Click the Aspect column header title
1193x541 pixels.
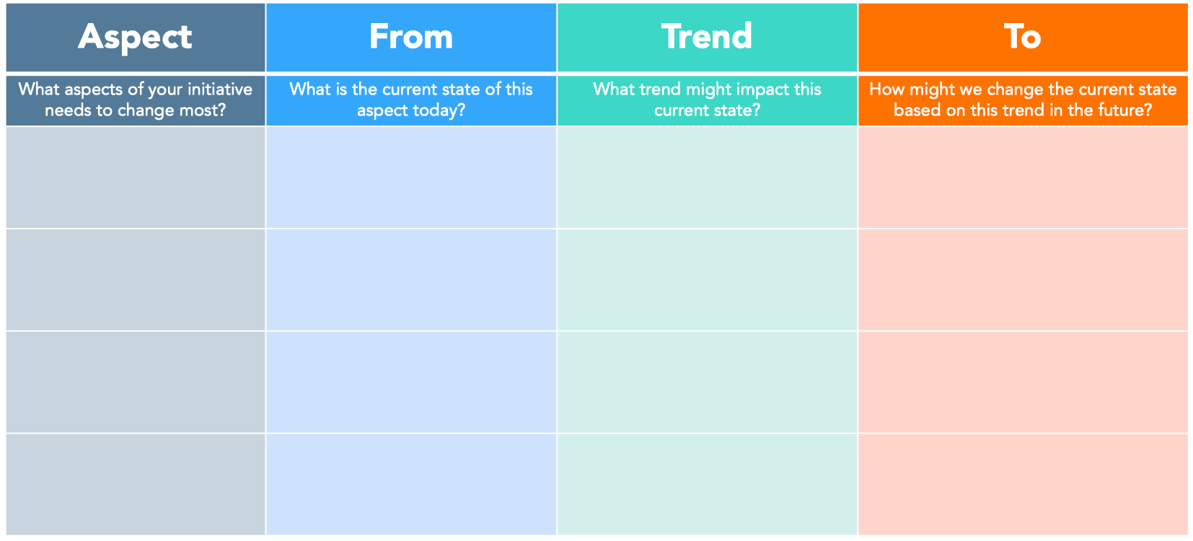135,37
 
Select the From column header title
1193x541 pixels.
411,37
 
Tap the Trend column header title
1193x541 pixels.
707,37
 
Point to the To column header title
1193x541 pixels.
1022,37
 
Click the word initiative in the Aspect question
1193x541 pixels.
220,89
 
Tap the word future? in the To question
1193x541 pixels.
1125,110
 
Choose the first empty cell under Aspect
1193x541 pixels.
136,177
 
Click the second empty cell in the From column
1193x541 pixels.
411,280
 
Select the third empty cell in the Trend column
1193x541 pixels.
707,382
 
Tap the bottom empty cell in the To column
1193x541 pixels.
1023,484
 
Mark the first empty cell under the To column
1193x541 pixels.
1023,177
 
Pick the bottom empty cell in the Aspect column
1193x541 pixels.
136,484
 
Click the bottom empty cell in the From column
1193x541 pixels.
411,484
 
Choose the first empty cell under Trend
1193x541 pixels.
707,177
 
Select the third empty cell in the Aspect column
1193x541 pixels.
136,382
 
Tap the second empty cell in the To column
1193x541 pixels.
1023,280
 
